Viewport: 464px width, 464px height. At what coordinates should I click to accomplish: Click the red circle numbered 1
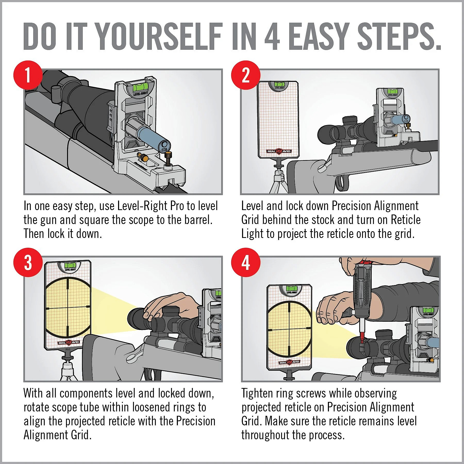click(x=28, y=75)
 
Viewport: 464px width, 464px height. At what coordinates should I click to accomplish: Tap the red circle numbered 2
click(x=246, y=75)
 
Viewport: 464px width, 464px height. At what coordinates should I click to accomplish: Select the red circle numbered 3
click(x=28, y=262)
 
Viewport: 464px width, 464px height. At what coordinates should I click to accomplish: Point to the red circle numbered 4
click(x=246, y=262)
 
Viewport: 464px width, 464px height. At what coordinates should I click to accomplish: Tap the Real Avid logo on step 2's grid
click(x=279, y=151)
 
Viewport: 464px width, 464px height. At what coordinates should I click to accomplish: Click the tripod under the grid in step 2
click(x=279, y=178)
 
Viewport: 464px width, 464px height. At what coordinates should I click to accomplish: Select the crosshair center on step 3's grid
click(x=68, y=308)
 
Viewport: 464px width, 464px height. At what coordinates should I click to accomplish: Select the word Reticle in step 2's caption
click(x=406, y=220)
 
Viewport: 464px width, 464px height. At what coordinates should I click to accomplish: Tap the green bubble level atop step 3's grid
click(x=68, y=265)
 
